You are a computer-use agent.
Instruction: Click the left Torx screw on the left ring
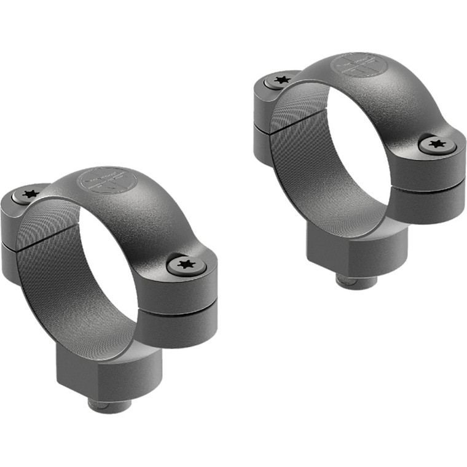(29, 194)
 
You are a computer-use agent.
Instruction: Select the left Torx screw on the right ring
(282, 80)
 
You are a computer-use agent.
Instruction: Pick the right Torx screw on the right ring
(437, 144)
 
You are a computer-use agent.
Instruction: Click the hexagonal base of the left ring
(101, 369)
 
